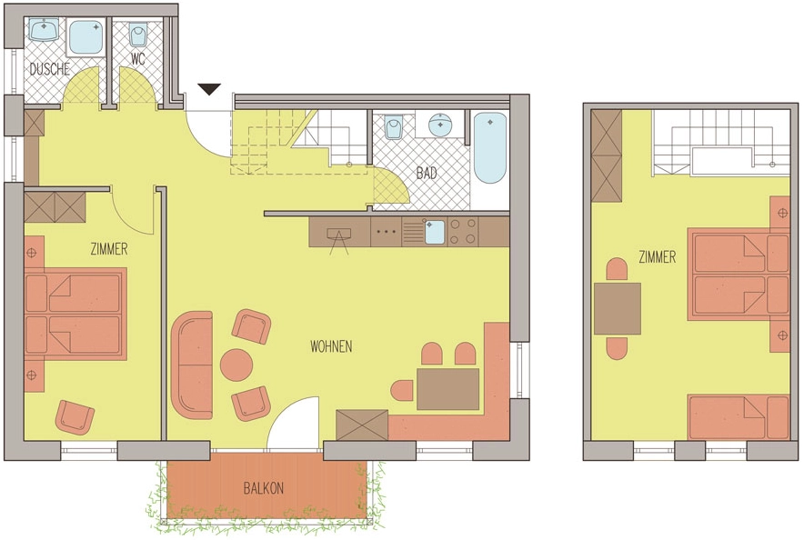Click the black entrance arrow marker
tap(210, 89)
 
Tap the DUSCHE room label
tap(49, 69)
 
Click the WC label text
tap(137, 59)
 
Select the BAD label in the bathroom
tap(426, 173)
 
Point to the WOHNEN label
tap(331, 347)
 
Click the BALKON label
tap(264, 488)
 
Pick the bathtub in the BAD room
tap(489, 147)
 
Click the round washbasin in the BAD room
tap(440, 125)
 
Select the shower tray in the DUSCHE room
tap(85, 37)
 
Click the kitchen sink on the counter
tap(435, 233)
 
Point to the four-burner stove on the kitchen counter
tap(463, 232)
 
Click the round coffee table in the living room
tap(236, 365)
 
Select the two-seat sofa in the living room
tap(192, 365)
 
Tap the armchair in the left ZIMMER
tap(75, 417)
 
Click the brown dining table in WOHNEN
tap(447, 389)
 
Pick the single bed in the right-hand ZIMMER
tap(738, 417)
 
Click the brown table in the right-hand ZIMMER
tap(618, 308)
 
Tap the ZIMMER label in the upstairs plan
tap(658, 256)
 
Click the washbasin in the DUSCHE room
tap(45, 29)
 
